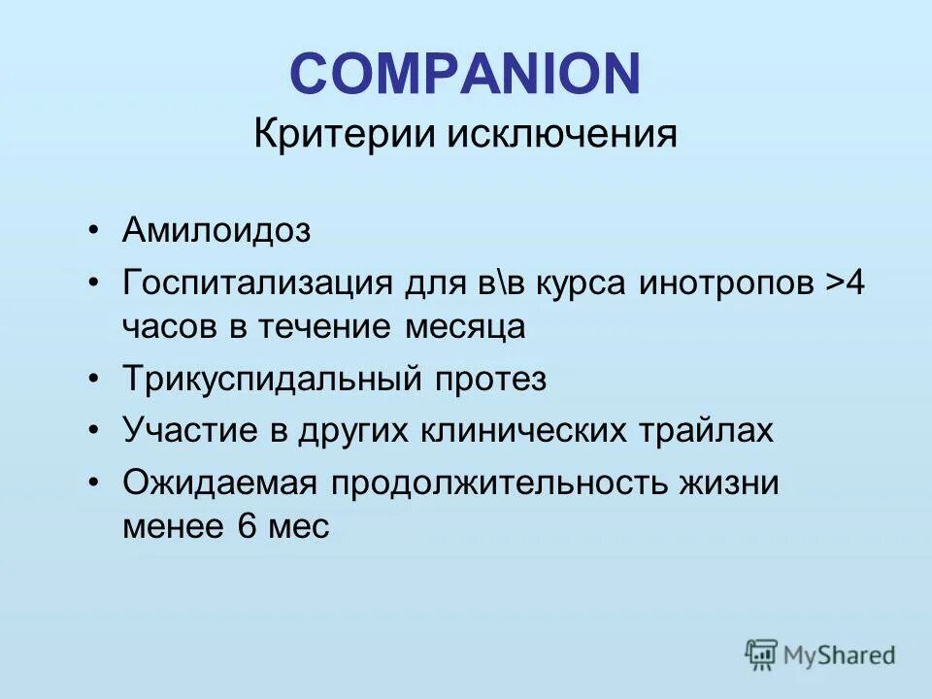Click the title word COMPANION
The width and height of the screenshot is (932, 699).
465,73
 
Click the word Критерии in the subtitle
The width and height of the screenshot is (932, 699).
344,134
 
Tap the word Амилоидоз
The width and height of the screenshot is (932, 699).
216,231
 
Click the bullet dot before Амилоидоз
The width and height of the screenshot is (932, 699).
92,232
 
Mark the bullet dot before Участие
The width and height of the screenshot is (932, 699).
92,430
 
